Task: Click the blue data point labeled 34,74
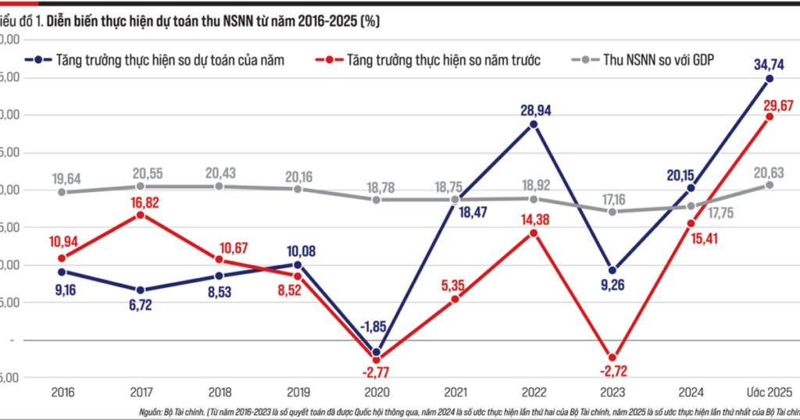[x=770, y=78]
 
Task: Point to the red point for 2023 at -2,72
[x=612, y=358]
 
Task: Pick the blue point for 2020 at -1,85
[x=376, y=352]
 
